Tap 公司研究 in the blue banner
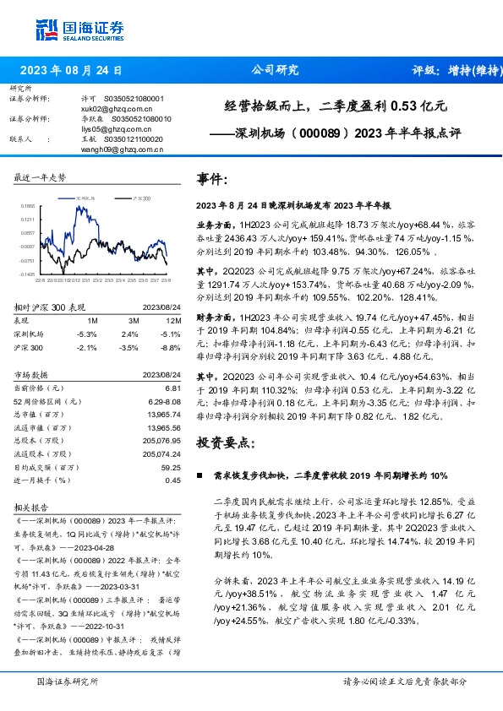tap(275, 71)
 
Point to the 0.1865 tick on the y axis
tap(28, 205)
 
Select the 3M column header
tap(134, 321)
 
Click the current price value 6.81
tap(172, 387)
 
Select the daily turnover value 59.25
tap(171, 467)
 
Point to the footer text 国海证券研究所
tap(68, 681)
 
